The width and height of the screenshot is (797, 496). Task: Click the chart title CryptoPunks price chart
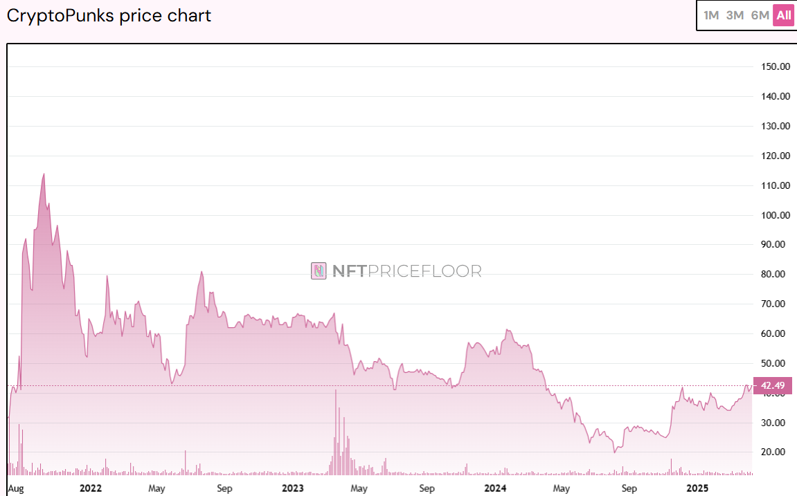(109, 16)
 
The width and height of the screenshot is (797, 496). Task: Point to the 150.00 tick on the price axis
(776, 67)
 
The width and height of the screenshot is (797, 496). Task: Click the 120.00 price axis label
(776, 156)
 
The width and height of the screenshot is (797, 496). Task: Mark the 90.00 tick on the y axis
(776, 245)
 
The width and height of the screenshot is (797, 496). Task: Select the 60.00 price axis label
(776, 333)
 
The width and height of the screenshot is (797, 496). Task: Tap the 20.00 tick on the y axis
(776, 452)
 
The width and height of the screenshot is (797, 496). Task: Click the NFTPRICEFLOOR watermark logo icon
(319, 270)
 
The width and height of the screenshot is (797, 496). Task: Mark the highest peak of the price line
(44, 174)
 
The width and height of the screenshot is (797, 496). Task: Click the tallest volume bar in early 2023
(336, 392)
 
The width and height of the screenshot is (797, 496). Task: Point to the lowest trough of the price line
(614, 452)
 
